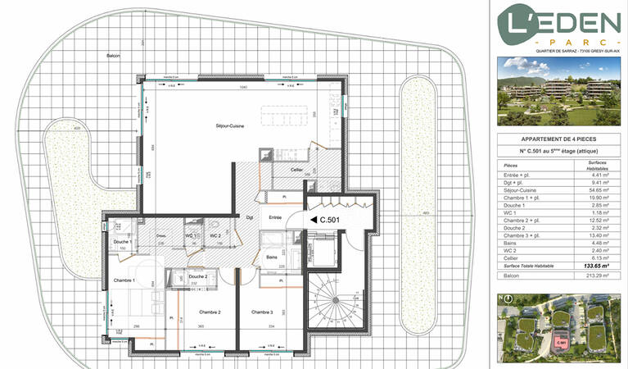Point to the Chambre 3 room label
262,312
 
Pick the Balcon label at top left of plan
113,55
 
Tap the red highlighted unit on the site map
562,342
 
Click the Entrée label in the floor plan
275,217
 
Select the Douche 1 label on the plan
123,242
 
